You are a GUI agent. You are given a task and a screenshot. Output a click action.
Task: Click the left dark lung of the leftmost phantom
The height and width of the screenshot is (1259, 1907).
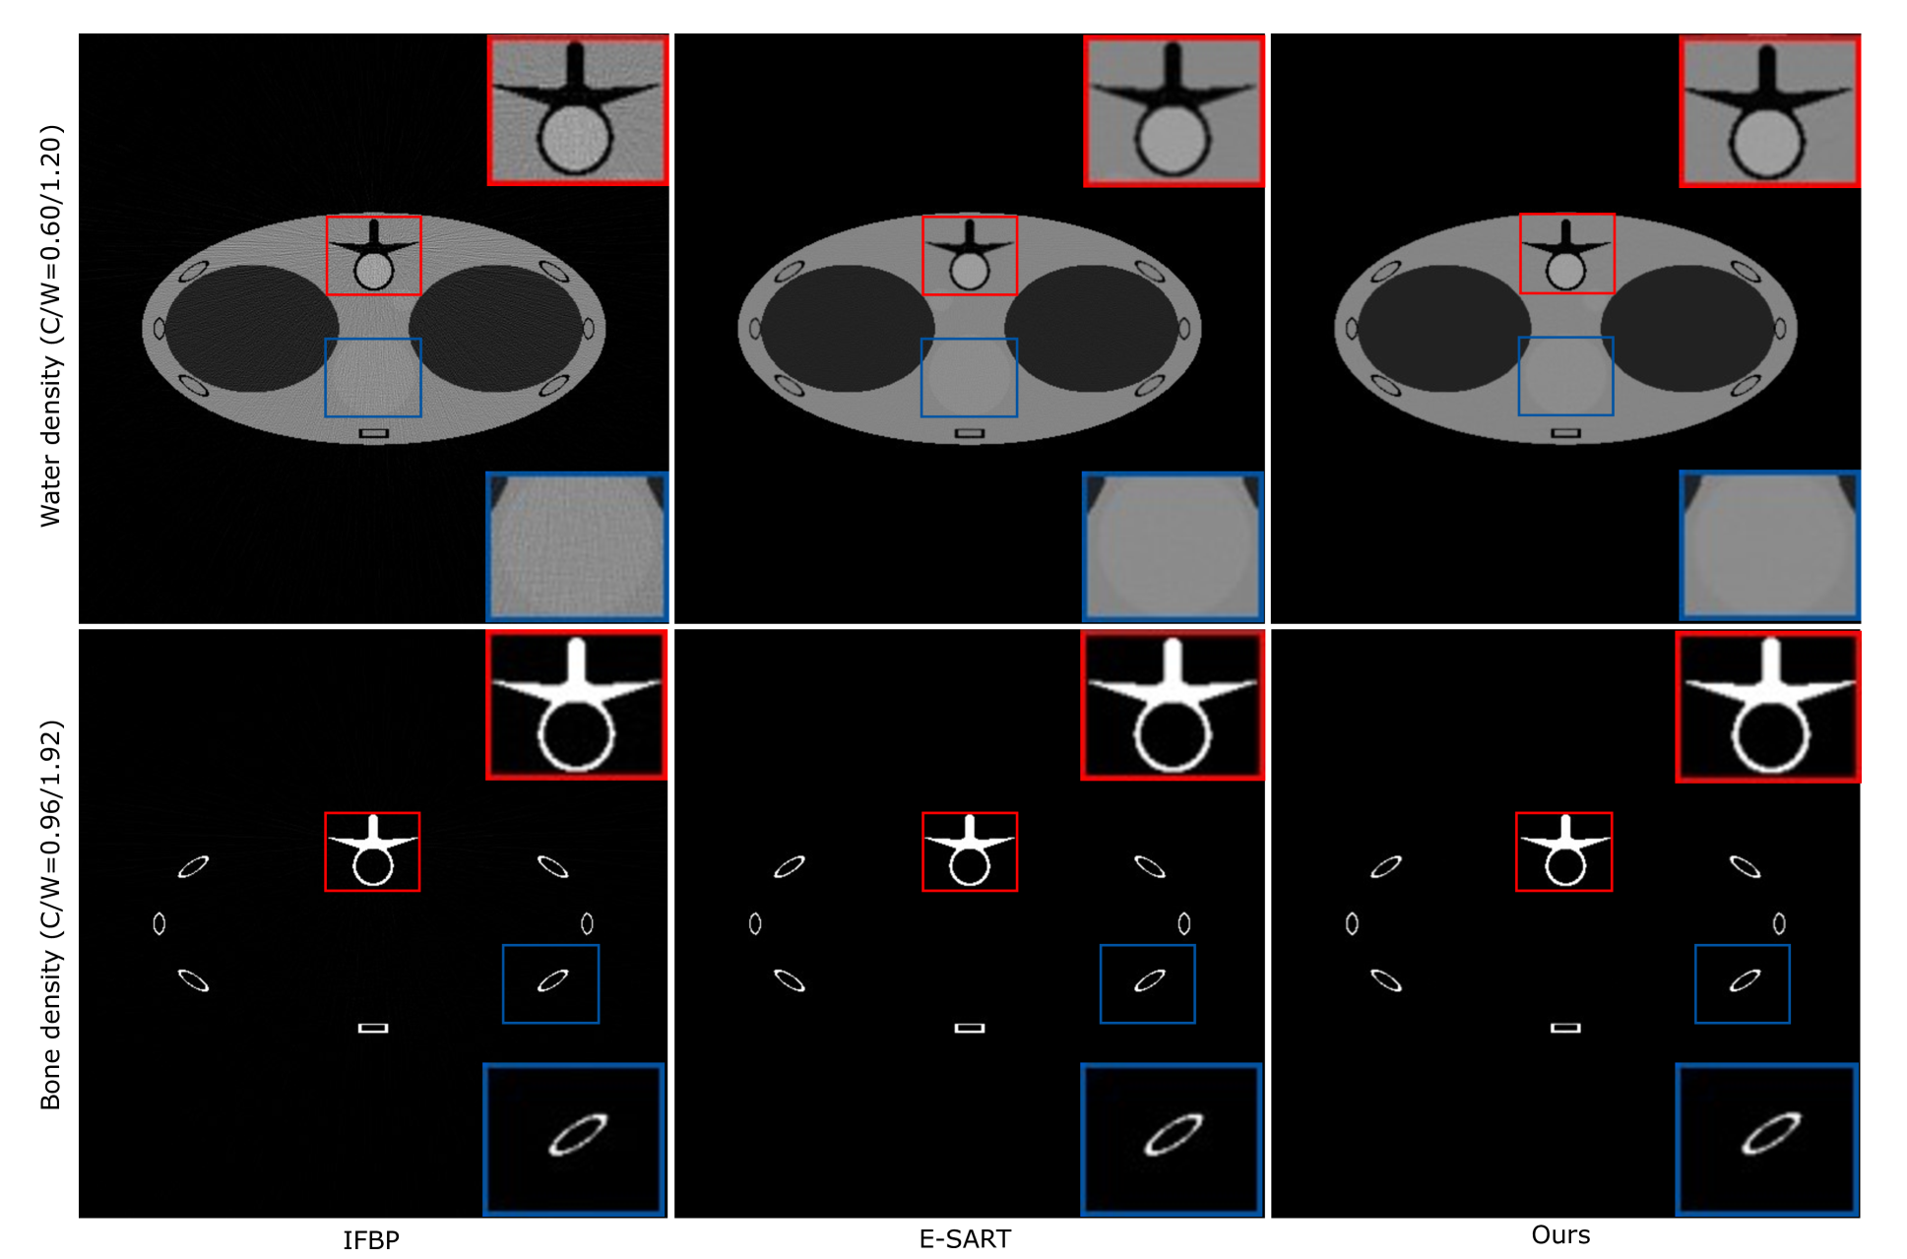click(x=252, y=328)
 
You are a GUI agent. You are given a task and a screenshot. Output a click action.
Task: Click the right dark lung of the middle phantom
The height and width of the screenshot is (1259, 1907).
click(x=1091, y=328)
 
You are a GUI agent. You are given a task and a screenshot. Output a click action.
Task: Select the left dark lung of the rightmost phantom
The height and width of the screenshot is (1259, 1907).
click(x=1444, y=328)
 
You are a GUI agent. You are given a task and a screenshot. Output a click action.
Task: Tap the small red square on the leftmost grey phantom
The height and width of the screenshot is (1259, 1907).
click(x=373, y=255)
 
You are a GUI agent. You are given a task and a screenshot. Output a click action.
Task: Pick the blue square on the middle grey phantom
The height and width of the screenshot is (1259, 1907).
click(x=969, y=377)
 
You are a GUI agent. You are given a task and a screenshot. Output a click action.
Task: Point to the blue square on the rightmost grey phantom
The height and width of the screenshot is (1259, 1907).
click(x=1565, y=376)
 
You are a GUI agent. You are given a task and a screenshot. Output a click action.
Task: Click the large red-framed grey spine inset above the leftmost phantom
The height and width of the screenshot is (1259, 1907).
click(x=578, y=110)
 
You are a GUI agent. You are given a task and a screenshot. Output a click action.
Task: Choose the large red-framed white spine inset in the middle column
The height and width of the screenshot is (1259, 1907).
click(x=1173, y=705)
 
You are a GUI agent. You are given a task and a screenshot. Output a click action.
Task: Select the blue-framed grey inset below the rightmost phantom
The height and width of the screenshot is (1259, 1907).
click(x=1769, y=545)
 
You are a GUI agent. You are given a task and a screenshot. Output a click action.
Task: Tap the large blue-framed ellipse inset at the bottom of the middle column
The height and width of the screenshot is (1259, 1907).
click(x=1172, y=1139)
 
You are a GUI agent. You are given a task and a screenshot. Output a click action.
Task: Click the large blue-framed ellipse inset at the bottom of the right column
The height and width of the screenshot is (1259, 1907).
click(x=1767, y=1139)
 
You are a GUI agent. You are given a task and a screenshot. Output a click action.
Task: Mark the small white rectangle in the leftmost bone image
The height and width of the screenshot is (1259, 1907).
click(x=373, y=1028)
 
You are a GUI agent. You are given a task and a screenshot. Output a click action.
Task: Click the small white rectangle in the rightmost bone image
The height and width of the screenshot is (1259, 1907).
click(x=1565, y=1028)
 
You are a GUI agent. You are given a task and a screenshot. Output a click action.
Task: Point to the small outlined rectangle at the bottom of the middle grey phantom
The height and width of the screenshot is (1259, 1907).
click(x=970, y=433)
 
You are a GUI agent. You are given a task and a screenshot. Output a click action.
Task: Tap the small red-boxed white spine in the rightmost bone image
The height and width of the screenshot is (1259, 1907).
click(x=1563, y=851)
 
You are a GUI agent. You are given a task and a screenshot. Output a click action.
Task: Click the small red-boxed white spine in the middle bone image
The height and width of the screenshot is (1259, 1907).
click(x=969, y=851)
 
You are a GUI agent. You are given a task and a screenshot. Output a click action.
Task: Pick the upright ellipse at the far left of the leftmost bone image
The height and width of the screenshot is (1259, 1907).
click(x=159, y=923)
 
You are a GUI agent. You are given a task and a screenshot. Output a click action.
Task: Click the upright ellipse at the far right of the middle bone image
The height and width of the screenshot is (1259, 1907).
click(x=1183, y=923)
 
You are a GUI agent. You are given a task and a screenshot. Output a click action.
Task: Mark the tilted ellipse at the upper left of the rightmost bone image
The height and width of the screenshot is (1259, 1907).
click(x=1386, y=866)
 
